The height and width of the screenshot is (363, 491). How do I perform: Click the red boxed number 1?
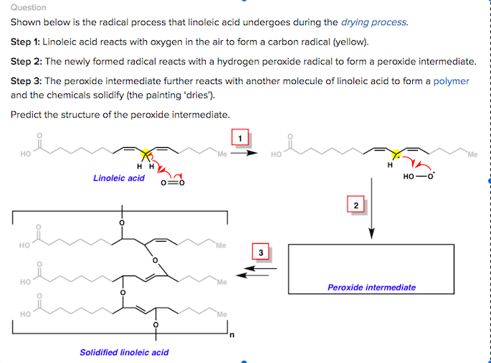[241, 136]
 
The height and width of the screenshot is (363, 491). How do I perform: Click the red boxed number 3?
[261, 253]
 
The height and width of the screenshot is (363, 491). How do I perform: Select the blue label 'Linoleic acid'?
[119, 178]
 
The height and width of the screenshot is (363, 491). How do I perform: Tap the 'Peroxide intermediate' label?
[371, 288]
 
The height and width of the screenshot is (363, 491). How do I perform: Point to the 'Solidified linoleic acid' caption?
[124, 352]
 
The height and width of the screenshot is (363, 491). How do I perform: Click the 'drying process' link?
[376, 22]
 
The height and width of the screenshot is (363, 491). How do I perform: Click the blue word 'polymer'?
[451, 81]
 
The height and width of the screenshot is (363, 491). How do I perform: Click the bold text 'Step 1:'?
[26, 42]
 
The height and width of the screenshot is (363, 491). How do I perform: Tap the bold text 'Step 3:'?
[26, 81]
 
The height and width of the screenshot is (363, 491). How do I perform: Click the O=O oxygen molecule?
[172, 182]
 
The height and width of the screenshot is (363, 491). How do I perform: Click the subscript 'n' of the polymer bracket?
[231, 335]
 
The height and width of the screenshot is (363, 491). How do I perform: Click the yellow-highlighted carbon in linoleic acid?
[146, 153]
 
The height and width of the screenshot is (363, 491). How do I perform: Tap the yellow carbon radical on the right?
[394, 153]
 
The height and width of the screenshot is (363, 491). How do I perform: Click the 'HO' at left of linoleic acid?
[27, 154]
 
